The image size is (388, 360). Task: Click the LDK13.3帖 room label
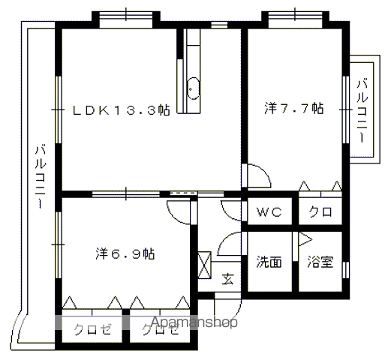tap(122, 110)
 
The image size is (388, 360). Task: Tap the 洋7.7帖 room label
tap(294, 109)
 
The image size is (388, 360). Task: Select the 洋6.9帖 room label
tap(125, 253)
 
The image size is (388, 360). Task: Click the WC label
tap(269, 212)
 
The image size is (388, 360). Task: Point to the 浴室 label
tap(320, 262)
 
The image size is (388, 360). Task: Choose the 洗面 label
tap(269, 262)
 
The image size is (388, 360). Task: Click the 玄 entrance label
tap(228, 279)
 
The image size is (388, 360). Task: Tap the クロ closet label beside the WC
tap(320, 212)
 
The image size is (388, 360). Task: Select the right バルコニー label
tap(362, 111)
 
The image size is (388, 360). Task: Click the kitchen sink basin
tap(193, 88)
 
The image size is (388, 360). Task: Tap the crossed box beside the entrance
tap(204, 265)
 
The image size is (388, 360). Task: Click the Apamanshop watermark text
tap(194, 322)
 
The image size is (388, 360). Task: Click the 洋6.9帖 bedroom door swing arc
tap(174, 216)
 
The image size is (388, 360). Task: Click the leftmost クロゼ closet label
tap(92, 330)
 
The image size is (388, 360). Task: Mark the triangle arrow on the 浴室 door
tap(305, 239)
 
